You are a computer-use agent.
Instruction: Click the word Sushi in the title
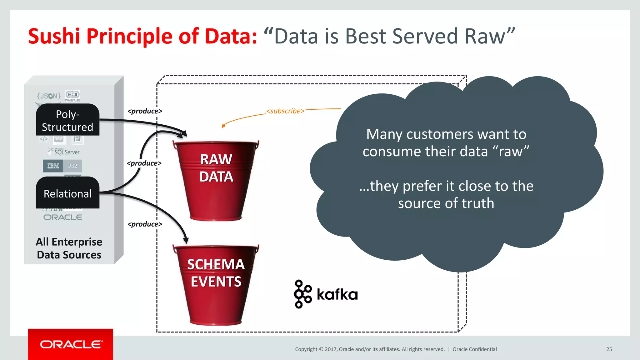54,36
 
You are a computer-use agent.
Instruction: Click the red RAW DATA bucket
216,181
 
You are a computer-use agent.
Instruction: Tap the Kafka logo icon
302,294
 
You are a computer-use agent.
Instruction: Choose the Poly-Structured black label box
67,120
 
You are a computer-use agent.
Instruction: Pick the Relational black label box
67,193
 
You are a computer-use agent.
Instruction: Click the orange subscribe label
285,111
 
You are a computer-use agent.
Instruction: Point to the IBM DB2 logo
62,166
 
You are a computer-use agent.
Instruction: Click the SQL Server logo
64,152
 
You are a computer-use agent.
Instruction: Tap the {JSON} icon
49,96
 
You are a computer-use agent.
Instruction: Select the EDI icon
72,95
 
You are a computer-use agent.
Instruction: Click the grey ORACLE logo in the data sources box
63,217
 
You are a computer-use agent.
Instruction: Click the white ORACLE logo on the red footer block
71,344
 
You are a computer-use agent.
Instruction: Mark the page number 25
609,349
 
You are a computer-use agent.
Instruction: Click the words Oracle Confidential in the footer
474,349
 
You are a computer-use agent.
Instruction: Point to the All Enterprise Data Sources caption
69,248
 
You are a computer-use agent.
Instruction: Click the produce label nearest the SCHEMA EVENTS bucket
145,224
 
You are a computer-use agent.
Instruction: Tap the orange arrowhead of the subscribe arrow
223,126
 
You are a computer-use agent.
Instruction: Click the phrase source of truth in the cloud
446,203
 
